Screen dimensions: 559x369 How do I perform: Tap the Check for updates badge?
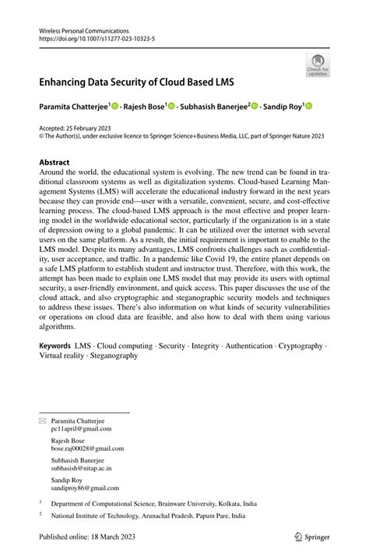point(318,65)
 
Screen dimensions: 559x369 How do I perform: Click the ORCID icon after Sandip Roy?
point(307,105)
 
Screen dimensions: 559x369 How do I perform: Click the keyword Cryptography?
point(298,344)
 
